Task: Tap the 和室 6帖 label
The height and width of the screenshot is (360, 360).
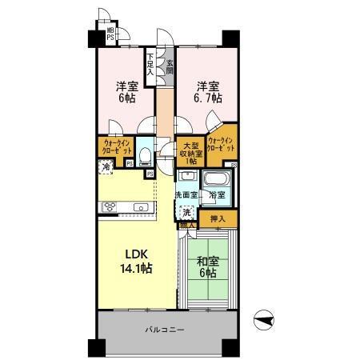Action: point(206,266)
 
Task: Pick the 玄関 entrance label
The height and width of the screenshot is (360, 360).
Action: point(170,66)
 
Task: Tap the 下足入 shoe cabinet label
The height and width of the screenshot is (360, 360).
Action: point(150,64)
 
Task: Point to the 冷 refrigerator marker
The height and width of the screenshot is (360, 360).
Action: point(106,167)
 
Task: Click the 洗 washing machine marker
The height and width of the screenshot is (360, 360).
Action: point(186,212)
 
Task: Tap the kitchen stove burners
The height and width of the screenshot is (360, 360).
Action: point(108,208)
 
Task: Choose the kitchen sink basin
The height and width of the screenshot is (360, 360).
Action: point(140,208)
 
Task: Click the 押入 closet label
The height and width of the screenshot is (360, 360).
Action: point(218,217)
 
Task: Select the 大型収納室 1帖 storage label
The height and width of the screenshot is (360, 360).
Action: point(190,153)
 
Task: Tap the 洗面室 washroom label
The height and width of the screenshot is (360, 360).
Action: point(186,195)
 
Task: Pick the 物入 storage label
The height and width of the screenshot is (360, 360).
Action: point(186,226)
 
